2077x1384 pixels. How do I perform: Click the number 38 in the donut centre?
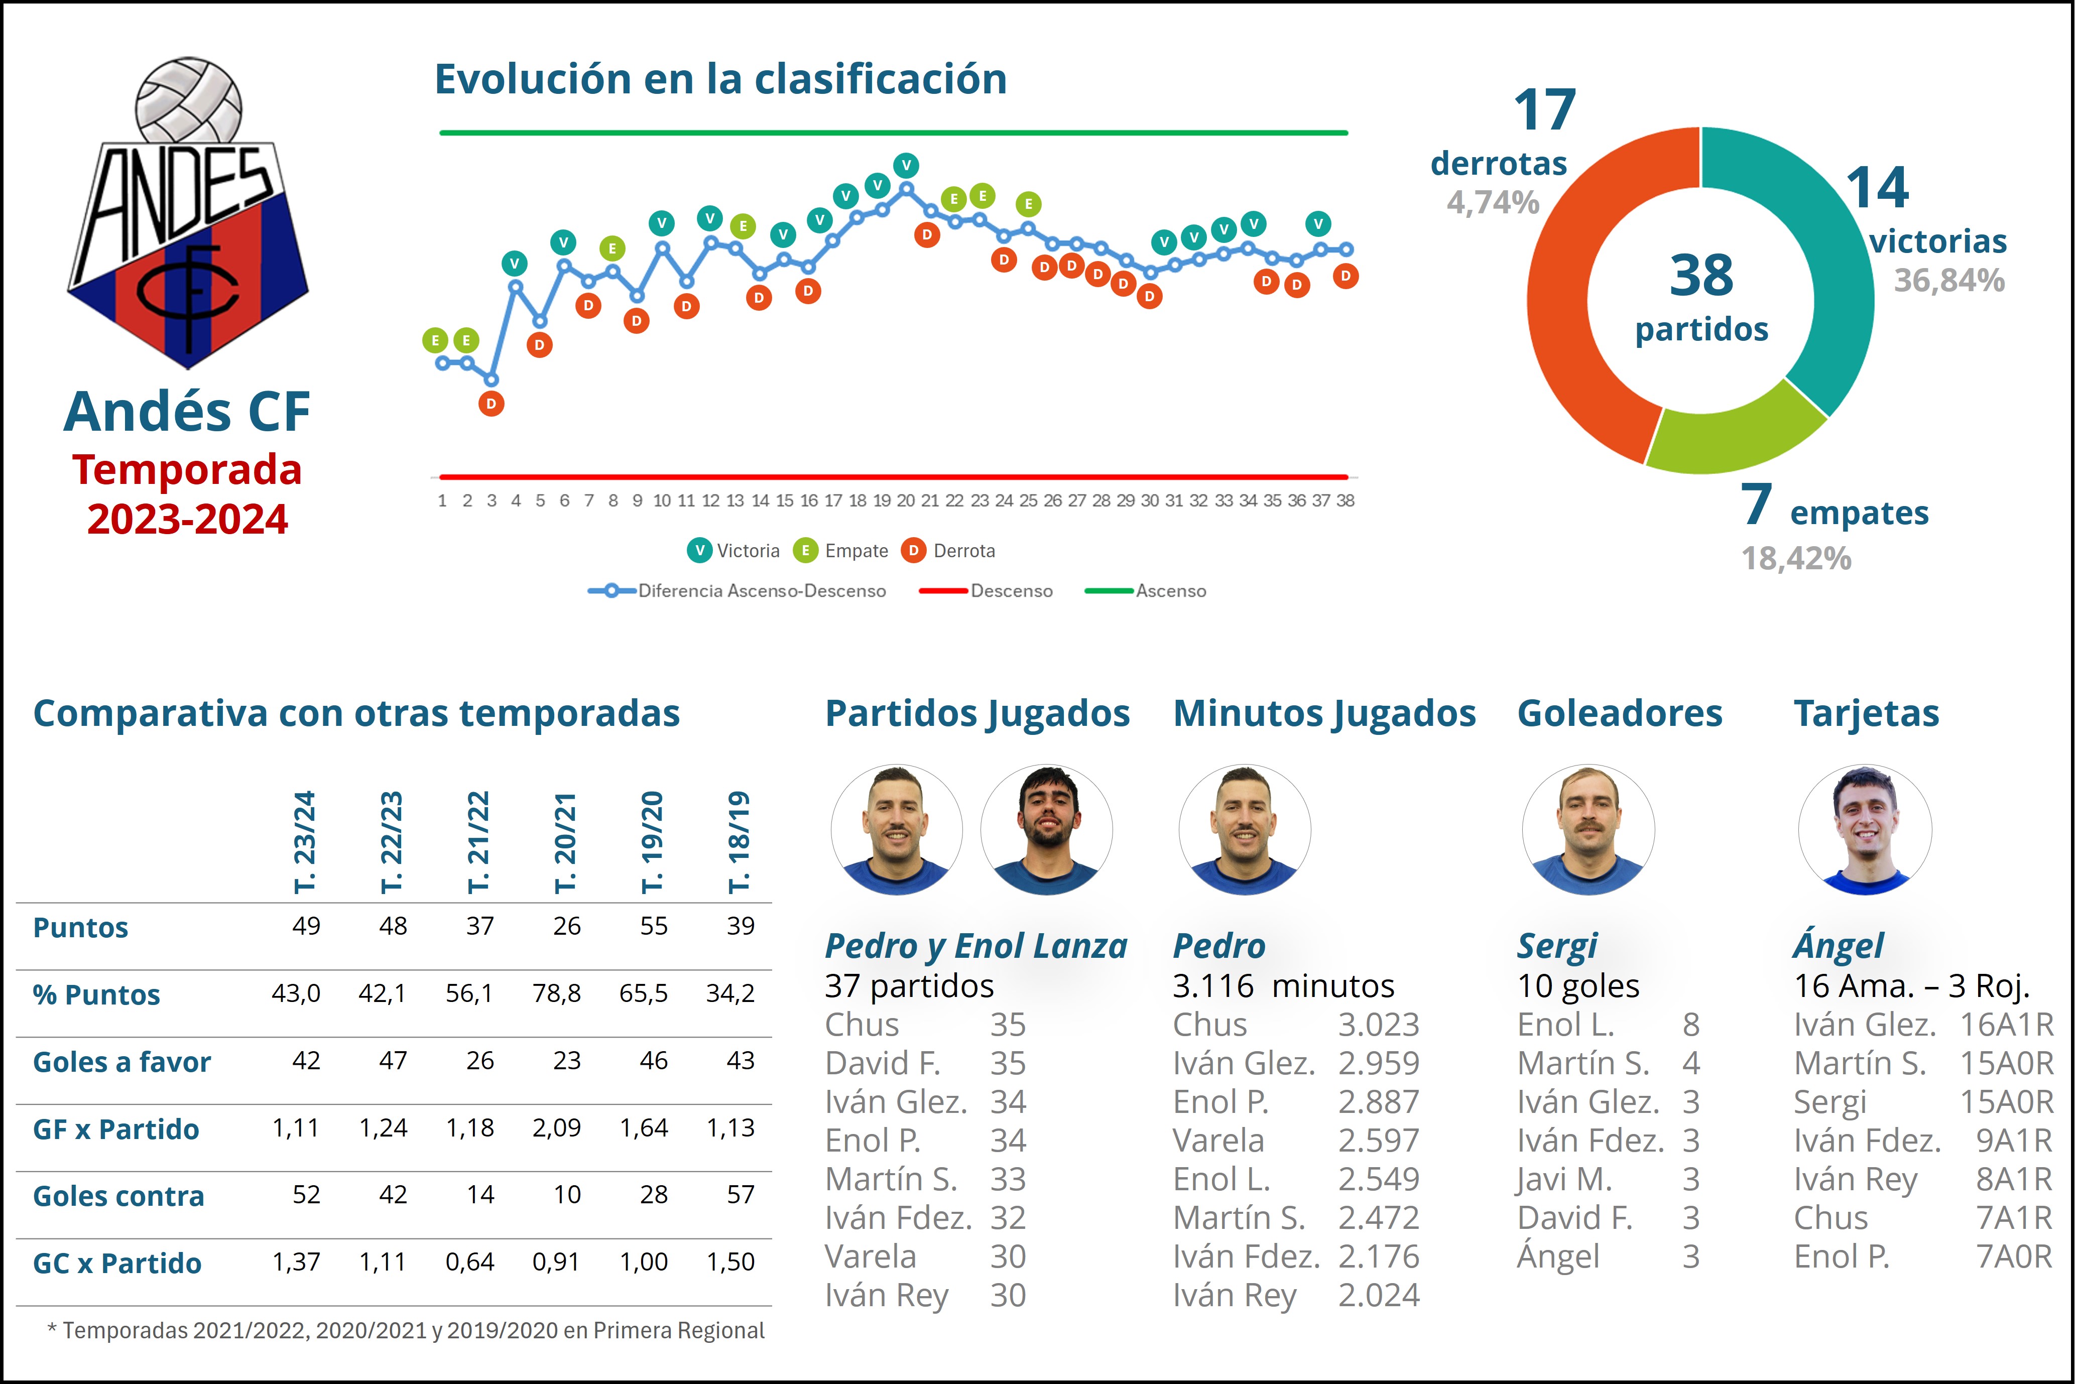coord(1701,276)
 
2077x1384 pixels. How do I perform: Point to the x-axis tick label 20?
coord(906,500)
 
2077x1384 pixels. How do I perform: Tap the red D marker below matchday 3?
coord(491,404)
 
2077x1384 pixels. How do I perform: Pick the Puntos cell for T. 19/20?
coord(653,926)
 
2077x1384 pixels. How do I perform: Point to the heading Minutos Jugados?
coord(1324,713)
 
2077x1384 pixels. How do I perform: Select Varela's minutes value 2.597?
coord(1379,1141)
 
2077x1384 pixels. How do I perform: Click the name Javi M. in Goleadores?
coord(1564,1179)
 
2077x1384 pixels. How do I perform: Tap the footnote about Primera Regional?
coord(406,1330)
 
